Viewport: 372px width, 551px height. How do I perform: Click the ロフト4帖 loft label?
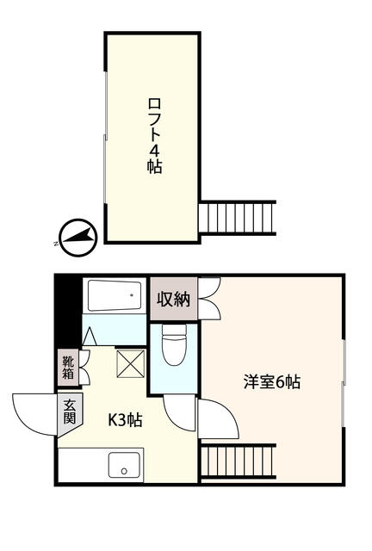pyautogui.click(x=154, y=136)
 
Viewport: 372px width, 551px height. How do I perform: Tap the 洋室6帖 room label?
pyautogui.click(x=272, y=382)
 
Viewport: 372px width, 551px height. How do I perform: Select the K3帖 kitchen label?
pyautogui.click(x=125, y=419)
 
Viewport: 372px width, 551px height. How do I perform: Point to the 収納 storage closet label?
pyautogui.click(x=173, y=299)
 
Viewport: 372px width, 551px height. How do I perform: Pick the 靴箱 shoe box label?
pyautogui.click(x=68, y=368)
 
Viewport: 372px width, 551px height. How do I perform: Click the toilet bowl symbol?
pyautogui.click(x=174, y=344)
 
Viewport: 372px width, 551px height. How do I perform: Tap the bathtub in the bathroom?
pyautogui.click(x=115, y=295)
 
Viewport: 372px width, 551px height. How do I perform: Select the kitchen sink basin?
pyautogui.click(x=124, y=465)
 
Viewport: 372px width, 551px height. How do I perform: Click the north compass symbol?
pyautogui.click(x=78, y=238)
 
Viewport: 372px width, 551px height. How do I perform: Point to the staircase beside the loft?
pyautogui.click(x=237, y=218)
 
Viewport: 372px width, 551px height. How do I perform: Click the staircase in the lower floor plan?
pyautogui.click(x=238, y=461)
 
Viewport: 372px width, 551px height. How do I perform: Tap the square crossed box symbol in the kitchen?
pyautogui.click(x=130, y=363)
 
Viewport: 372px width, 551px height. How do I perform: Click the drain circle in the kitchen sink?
pyautogui.click(x=124, y=471)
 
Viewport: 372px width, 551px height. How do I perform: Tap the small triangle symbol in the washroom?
pyautogui.click(x=90, y=336)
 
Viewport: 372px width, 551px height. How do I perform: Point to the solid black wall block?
pyautogui.click(x=68, y=312)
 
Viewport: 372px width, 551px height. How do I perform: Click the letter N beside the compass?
pyautogui.click(x=56, y=244)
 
